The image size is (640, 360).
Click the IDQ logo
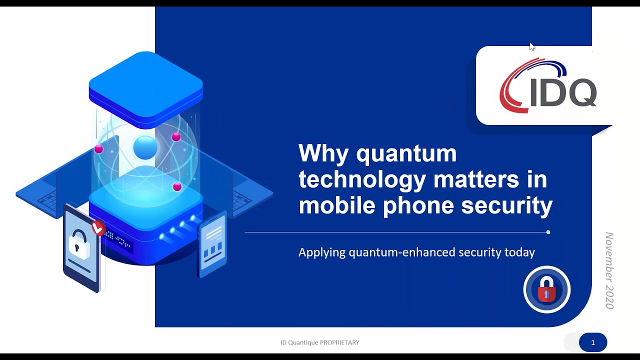547,86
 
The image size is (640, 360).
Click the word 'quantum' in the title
406,153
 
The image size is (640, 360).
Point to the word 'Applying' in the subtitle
321,252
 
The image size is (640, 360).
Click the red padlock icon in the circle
546,289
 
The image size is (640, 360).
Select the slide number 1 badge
593,342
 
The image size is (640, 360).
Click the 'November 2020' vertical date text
609,270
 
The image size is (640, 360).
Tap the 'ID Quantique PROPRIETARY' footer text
320,342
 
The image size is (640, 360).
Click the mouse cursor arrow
531,46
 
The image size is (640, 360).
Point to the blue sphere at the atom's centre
145,148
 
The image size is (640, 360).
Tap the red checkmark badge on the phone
98,228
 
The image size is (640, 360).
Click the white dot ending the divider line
548,232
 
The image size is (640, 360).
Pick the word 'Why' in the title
323,153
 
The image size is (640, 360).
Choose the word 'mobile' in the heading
336,205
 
